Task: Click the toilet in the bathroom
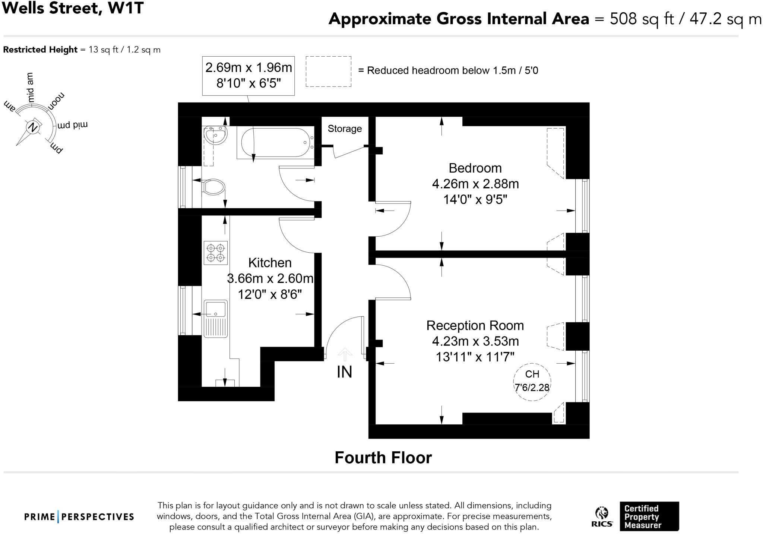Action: [x=213, y=187]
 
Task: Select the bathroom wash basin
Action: [x=215, y=135]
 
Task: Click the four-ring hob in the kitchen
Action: [x=216, y=253]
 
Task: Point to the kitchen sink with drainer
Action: [x=215, y=318]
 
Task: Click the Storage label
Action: [x=345, y=129]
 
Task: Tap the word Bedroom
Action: [x=475, y=168]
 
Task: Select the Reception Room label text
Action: [x=475, y=326]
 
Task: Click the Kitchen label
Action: [x=270, y=263]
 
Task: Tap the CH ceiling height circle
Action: [x=532, y=382]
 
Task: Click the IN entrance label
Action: [x=344, y=372]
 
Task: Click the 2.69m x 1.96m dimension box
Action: [x=248, y=76]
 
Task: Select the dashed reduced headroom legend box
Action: [x=328, y=72]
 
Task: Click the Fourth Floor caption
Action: [x=383, y=458]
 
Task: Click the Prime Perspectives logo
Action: [x=79, y=517]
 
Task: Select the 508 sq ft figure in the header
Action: [x=642, y=19]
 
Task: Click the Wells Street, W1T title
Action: [x=73, y=8]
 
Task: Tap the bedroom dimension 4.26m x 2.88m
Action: [x=475, y=184]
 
